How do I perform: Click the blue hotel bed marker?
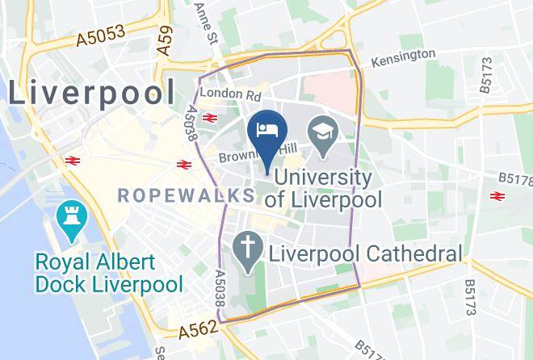click(x=266, y=129)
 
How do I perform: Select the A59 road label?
click(x=164, y=40)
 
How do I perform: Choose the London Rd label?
click(x=224, y=93)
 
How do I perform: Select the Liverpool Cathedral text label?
click(x=364, y=253)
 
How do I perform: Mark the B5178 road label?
click(x=514, y=177)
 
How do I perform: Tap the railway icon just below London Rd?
click(x=210, y=118)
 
